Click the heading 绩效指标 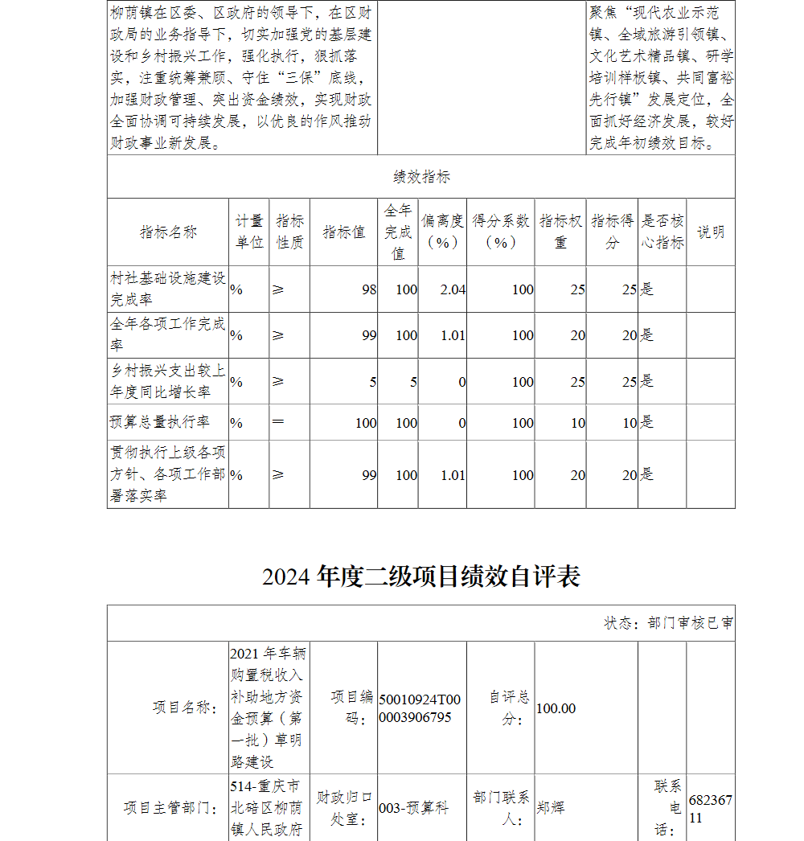click(x=421, y=177)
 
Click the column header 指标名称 click(x=168, y=232)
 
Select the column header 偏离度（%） click(x=442, y=232)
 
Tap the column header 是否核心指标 click(x=662, y=232)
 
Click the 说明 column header click(x=710, y=232)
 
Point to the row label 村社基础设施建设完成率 click(x=168, y=289)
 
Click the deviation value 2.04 click(x=453, y=289)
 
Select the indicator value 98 click(x=368, y=289)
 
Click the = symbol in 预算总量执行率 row click(x=278, y=422)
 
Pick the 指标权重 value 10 click(x=577, y=423)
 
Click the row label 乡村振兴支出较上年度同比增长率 click(x=168, y=381)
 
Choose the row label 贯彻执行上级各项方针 click(x=168, y=474)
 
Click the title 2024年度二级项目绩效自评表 click(x=420, y=576)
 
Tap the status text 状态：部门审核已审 click(x=668, y=623)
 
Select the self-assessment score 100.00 click(x=556, y=708)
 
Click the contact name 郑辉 click(x=551, y=806)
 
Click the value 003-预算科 click(x=413, y=808)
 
